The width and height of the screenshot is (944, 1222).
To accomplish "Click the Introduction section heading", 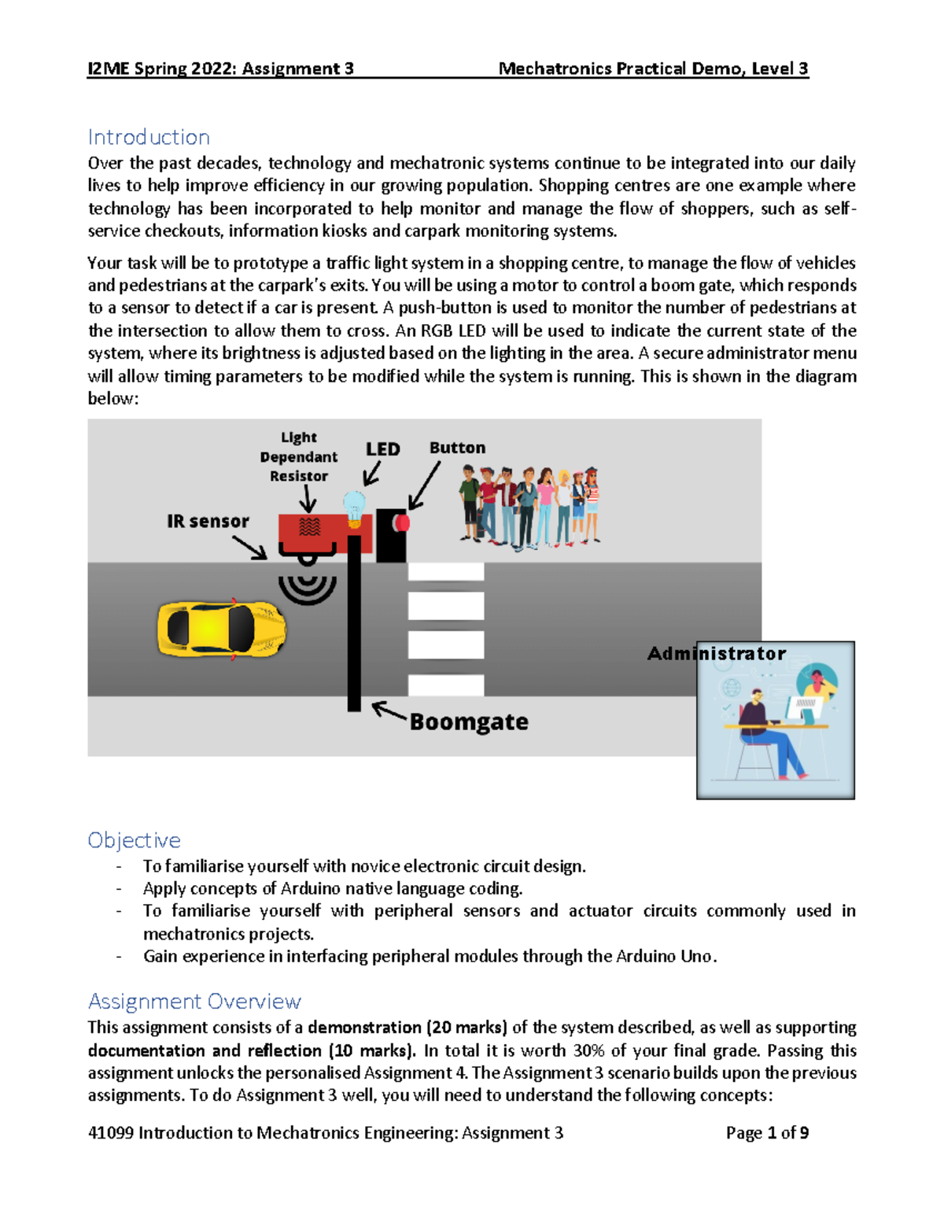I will [149, 137].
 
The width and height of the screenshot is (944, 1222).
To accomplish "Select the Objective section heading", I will [134, 840].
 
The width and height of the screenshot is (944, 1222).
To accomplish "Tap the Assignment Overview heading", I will [194, 1001].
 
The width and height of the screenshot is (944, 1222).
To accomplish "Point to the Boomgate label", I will [469, 722].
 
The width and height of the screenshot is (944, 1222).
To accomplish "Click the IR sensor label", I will [208, 521].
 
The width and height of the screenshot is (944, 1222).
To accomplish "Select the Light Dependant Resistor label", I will [299, 456].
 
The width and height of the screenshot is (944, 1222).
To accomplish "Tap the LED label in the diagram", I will [383, 449].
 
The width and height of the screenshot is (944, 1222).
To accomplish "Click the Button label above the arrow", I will [457, 448].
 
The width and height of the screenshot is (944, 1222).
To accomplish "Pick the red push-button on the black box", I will [402, 522].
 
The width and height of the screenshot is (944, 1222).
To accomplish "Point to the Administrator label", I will [716, 653].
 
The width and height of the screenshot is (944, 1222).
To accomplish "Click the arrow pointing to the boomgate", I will [389, 712].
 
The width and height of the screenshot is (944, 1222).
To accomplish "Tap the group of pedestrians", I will [529, 506].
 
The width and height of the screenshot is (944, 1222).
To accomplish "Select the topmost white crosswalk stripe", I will [446, 571].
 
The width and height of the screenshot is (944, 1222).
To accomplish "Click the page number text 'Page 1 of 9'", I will [767, 1132].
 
